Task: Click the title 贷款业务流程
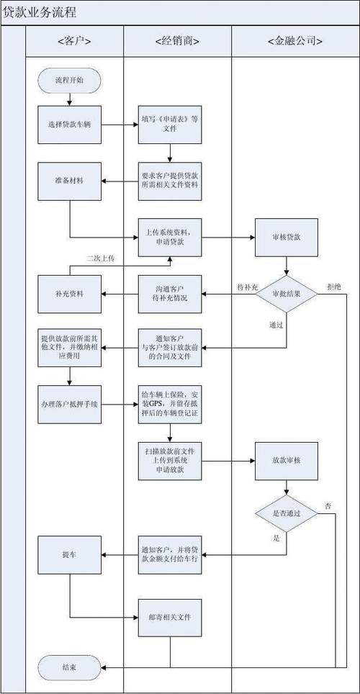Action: pos(40,13)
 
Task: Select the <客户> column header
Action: pos(74,41)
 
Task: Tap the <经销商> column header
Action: pos(177,41)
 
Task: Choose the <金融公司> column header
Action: pos(295,41)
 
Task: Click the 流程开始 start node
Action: pos(69,80)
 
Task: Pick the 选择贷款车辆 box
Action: pos(69,124)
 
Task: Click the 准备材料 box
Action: pos(69,179)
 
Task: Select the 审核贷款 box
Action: pos(286,236)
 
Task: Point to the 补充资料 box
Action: pos(69,294)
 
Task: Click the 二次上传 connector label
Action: pos(100,258)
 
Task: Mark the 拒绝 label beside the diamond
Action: pos(334,286)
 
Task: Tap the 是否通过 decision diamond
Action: pos(286,513)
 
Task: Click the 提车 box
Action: pos(69,554)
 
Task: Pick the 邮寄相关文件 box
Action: pos(170,617)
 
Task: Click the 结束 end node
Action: pos(69,668)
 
